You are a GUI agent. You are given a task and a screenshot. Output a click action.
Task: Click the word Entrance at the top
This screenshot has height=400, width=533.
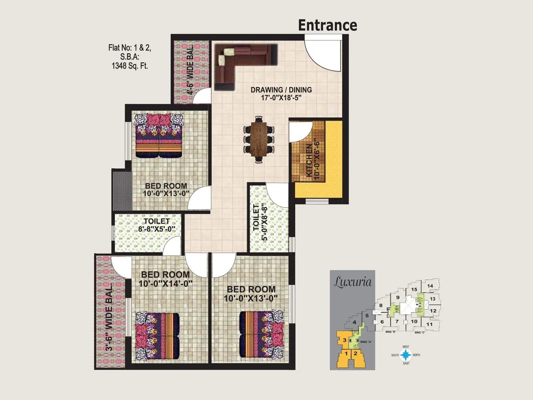pyautogui.click(x=327, y=25)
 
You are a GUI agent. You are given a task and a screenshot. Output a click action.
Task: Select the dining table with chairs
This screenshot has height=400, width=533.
pyautogui.click(x=259, y=139)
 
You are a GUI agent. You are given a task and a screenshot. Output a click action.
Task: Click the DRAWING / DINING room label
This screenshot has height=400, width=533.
pyautogui.click(x=281, y=90)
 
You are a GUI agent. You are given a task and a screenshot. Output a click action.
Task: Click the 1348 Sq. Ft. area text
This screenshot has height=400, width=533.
pyautogui.click(x=130, y=66)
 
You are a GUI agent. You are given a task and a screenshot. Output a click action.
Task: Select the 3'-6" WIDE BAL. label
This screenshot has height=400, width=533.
pyautogui.click(x=109, y=317)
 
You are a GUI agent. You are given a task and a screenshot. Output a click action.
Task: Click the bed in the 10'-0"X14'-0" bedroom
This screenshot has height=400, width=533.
pyautogui.click(x=157, y=337)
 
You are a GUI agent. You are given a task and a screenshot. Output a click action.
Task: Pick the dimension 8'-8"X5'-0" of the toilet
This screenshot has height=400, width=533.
pyautogui.click(x=157, y=229)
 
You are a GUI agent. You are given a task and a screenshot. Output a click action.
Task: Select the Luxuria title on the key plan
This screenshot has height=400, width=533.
pyautogui.click(x=352, y=282)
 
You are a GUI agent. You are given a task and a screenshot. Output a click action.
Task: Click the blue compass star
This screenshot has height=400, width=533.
pyautogui.click(x=406, y=355)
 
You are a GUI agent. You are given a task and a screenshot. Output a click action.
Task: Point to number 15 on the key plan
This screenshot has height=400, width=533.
pyautogui.click(x=414, y=289)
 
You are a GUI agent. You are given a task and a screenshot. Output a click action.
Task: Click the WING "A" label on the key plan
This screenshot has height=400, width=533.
pyautogui.click(x=366, y=342)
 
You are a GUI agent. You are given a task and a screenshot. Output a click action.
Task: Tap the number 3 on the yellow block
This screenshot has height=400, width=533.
pyautogui.click(x=344, y=340)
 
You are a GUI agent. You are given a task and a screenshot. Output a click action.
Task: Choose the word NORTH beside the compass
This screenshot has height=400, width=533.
pyautogui.click(x=416, y=355)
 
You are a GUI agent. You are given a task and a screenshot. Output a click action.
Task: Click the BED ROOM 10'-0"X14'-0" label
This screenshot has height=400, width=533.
pyautogui.click(x=166, y=279)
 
